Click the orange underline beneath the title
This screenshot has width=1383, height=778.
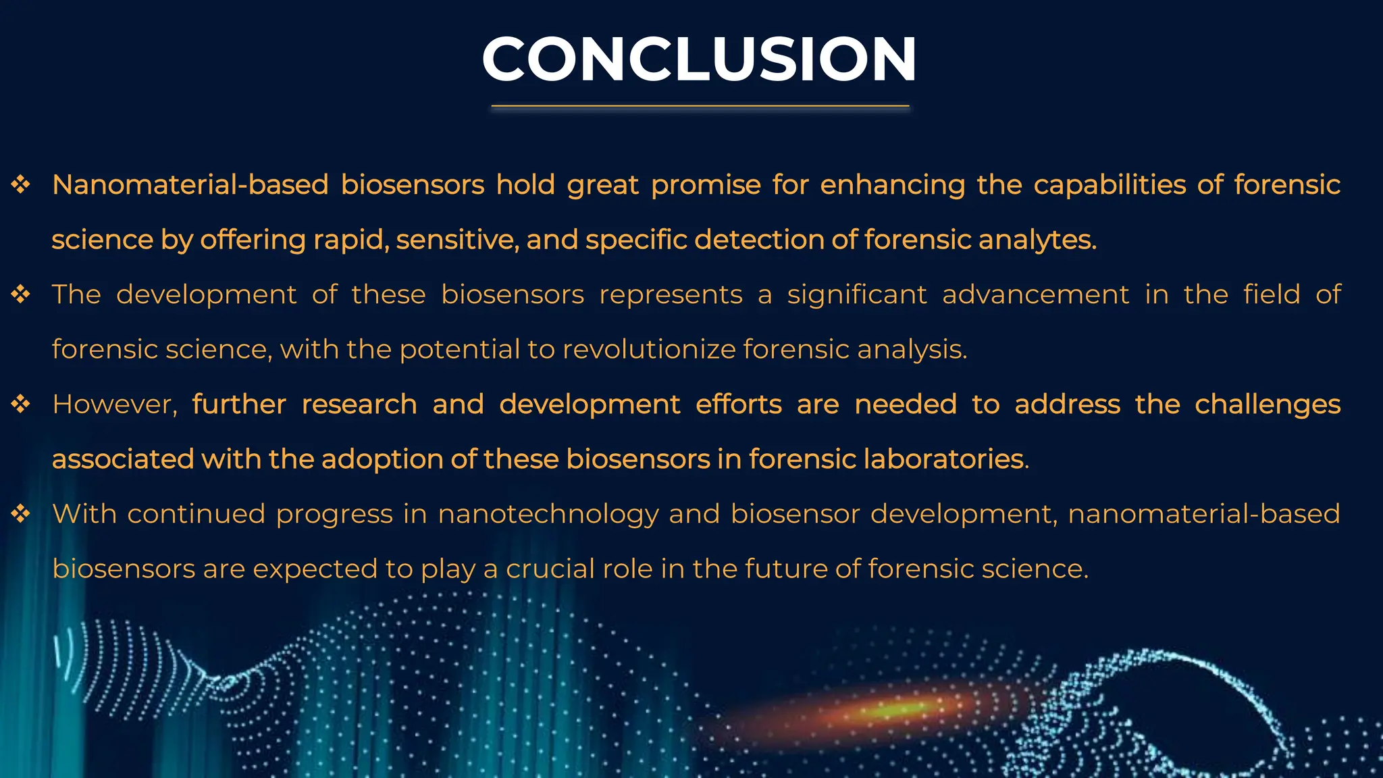point(700,106)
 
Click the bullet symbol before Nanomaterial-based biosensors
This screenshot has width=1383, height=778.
point(21,184)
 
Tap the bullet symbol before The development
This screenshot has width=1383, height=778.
point(21,294)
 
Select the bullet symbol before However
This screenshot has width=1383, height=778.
point(21,404)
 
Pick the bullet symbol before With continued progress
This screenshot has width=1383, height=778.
point(21,514)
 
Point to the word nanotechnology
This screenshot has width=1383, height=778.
point(548,515)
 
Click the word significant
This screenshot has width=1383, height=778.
point(857,295)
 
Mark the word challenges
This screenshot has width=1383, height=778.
point(1268,405)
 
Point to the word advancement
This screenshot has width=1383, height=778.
point(1035,295)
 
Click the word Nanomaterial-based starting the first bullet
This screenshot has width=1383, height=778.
point(190,185)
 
